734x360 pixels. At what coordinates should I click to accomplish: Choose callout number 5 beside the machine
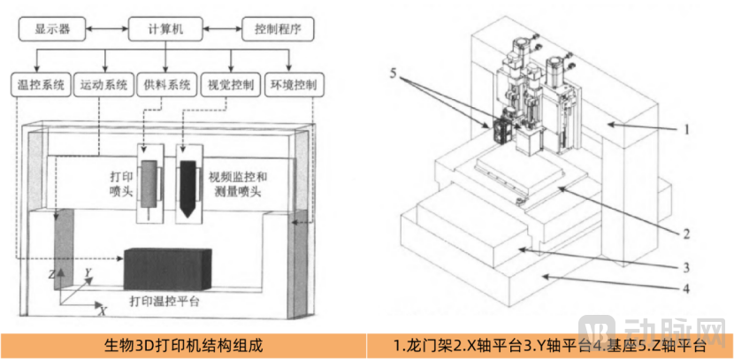click(x=403, y=76)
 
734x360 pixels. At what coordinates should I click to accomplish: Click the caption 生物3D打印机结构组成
click(x=184, y=345)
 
